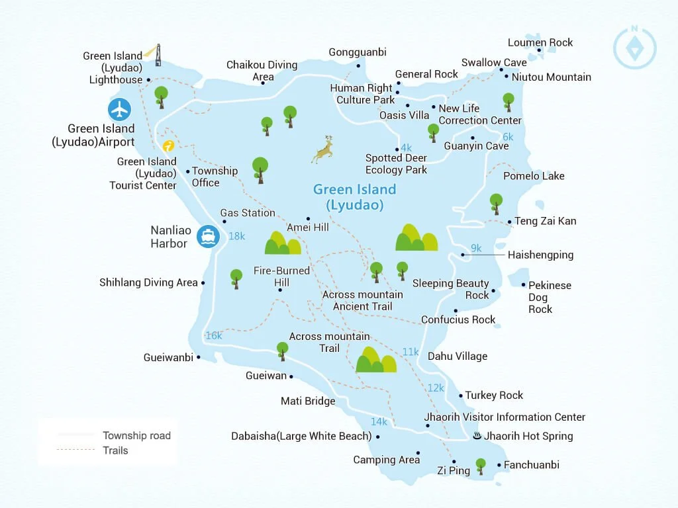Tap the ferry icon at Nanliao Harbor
209,236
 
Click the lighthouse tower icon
157,56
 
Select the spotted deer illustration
323,149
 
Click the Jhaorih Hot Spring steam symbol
477,436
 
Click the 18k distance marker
236,236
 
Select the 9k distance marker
476,248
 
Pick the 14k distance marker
379,421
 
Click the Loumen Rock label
540,43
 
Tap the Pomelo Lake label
534,176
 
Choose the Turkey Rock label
494,396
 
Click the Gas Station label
248,213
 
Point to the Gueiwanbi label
168,358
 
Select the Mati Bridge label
308,401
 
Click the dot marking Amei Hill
308,219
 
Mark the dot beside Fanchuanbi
499,465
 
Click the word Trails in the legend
115,450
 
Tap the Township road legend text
136,435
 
